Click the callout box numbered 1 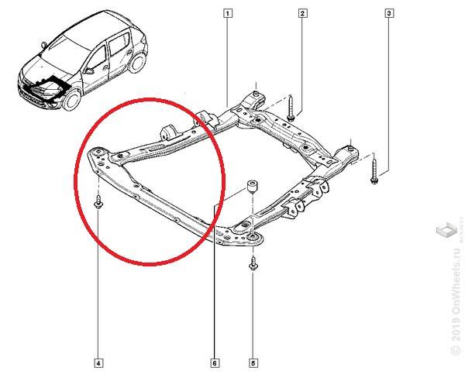pos(227,12)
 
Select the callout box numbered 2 pos(302,12)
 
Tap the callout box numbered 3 pos(388,12)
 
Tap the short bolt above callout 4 pos(99,203)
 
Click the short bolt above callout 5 pos(253,264)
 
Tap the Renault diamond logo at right pos(446,230)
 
